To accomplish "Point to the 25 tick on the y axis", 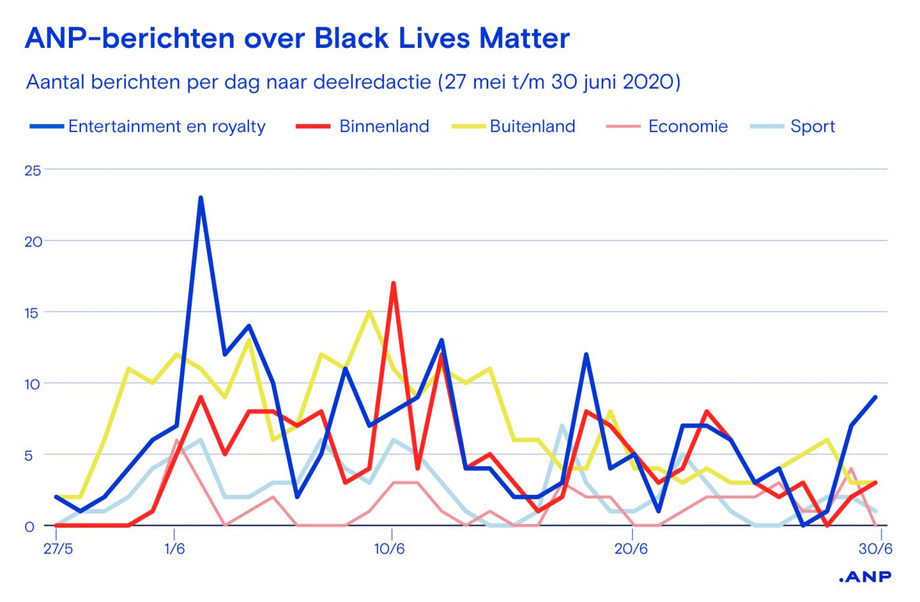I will coord(32,170).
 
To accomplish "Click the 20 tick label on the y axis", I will coord(32,241).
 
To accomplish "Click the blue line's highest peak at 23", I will coord(200,198).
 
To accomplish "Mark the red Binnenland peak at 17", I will coord(393,284).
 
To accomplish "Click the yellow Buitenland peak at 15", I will coord(369,312).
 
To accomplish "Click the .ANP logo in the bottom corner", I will coord(865,577).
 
